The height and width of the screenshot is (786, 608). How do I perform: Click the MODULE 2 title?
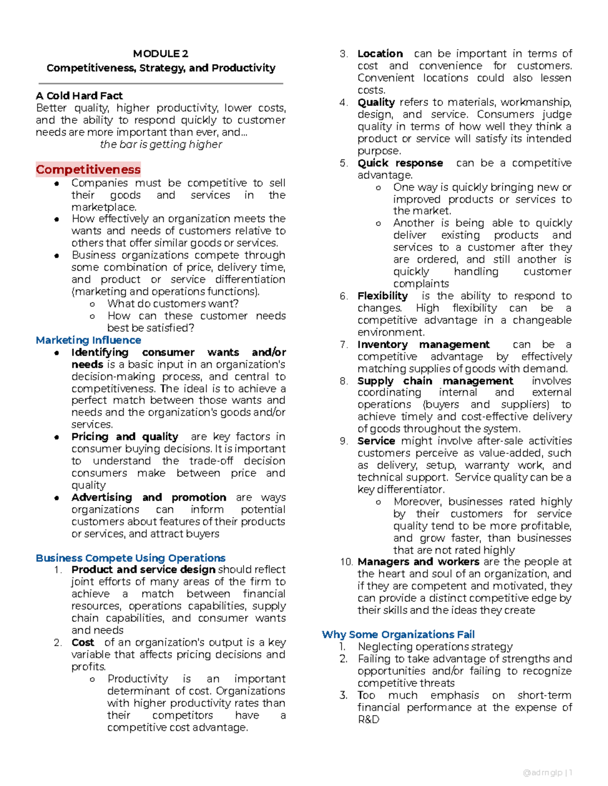coord(160,54)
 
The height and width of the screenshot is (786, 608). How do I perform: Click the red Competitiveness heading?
coord(88,170)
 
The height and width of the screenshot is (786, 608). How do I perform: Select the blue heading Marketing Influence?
coord(88,340)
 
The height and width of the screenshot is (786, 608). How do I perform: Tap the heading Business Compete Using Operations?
coord(130,558)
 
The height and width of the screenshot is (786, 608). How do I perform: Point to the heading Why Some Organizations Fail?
coord(398,634)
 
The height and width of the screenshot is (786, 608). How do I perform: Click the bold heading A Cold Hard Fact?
coord(79,96)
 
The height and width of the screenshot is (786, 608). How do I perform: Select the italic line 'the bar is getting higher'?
coord(161,144)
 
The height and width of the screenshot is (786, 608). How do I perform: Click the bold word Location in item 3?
coord(380,54)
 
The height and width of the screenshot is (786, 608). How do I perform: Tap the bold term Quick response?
coord(400,163)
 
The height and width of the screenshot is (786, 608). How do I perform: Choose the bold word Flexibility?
coord(382,296)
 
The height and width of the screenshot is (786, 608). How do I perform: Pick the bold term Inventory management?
coord(423,345)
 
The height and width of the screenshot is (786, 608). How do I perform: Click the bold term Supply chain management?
coord(435,381)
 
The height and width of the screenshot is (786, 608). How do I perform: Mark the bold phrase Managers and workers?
coord(418,562)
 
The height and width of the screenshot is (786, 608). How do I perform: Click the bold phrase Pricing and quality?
coord(125,437)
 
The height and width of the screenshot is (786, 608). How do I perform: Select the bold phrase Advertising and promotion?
coord(148,498)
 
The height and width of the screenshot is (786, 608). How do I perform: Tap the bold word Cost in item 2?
coord(83,642)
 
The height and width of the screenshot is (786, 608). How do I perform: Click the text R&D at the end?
coord(368,720)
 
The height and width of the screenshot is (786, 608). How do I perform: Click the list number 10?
coord(346,562)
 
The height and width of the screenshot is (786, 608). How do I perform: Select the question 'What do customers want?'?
coord(173,304)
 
